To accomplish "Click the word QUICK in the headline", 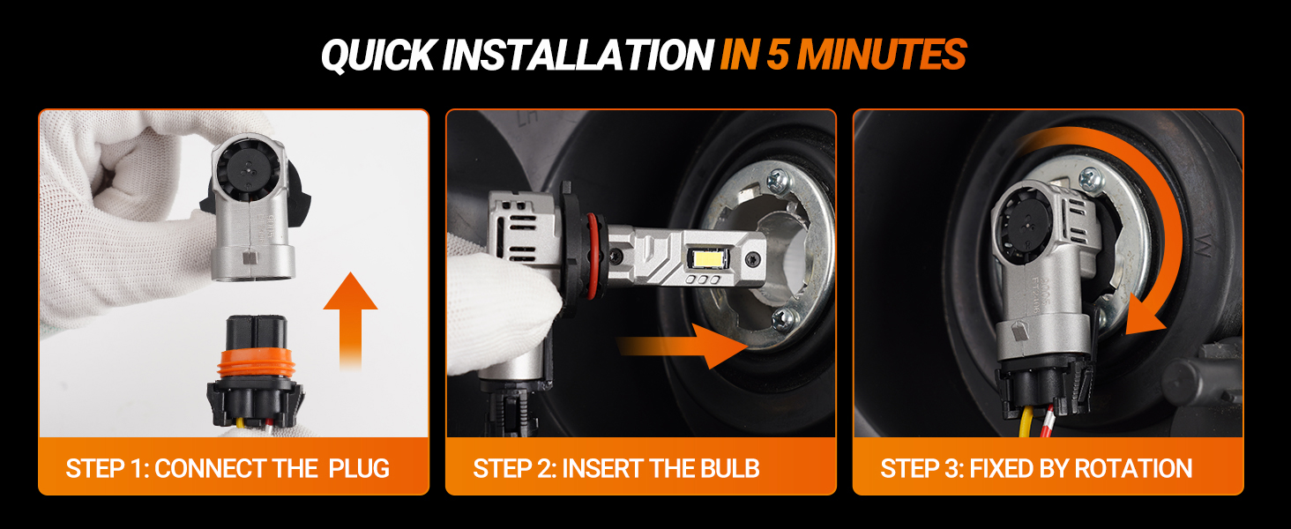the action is (x=377, y=56).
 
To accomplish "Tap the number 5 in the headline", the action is (x=778, y=55).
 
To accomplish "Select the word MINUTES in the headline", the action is (x=883, y=55).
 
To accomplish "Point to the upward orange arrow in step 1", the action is (x=350, y=320).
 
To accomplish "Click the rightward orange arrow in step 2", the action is (x=683, y=346).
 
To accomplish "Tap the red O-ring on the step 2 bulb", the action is (x=593, y=257).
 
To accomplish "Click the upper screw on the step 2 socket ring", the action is (x=778, y=181).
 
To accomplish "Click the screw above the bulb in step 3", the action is (x=1091, y=181).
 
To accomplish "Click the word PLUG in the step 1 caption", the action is (x=359, y=468).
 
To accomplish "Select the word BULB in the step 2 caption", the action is (x=729, y=468).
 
